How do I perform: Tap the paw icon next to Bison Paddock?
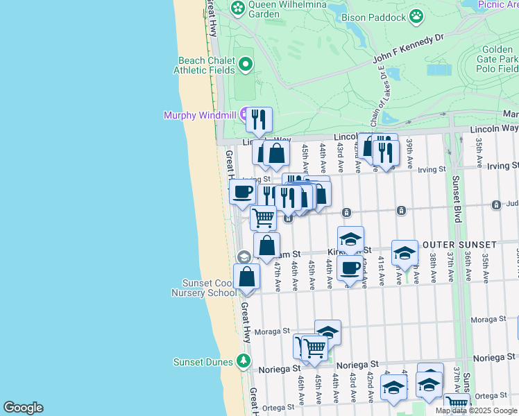(416, 15)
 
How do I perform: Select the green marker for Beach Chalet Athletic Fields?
(245, 65)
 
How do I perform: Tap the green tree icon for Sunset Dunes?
(243, 361)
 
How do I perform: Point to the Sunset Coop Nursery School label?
(209, 288)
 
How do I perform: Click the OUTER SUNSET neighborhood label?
(460, 245)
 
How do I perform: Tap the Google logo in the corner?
(23, 408)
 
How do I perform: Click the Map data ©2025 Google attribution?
(477, 410)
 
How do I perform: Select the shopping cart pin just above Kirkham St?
(263, 218)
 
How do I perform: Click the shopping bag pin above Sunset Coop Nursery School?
(247, 277)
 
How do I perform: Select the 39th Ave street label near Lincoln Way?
(410, 147)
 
